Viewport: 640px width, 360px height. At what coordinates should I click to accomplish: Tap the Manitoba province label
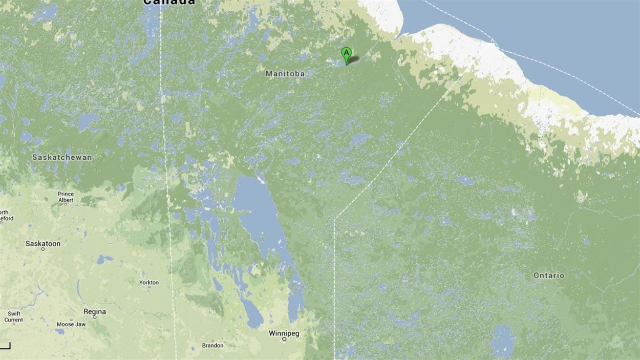[285, 74]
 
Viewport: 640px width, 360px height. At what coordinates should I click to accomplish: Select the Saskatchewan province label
[62, 157]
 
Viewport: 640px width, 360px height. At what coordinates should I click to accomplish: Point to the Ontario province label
[549, 276]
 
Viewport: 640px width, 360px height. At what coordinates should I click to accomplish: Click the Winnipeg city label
[284, 333]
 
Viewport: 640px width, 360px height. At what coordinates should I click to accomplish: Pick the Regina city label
[95, 311]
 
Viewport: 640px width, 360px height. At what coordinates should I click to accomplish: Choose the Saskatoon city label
[43, 244]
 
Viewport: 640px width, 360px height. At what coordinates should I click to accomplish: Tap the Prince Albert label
[66, 197]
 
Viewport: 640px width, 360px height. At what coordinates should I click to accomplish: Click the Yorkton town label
[149, 282]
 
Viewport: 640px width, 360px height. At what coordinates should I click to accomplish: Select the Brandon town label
[212, 346]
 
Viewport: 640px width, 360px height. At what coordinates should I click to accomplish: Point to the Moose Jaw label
[71, 325]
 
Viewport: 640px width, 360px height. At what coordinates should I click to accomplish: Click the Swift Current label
[14, 317]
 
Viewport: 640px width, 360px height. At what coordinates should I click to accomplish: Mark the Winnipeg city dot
[284, 339]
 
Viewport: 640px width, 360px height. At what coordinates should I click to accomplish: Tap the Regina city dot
[95, 317]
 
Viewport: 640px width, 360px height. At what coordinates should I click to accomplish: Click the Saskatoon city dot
[43, 249]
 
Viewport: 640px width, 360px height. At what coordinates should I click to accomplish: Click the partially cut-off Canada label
[169, 2]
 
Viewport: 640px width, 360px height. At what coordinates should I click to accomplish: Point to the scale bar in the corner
[5, 346]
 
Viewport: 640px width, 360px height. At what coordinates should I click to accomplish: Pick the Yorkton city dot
[149, 287]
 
